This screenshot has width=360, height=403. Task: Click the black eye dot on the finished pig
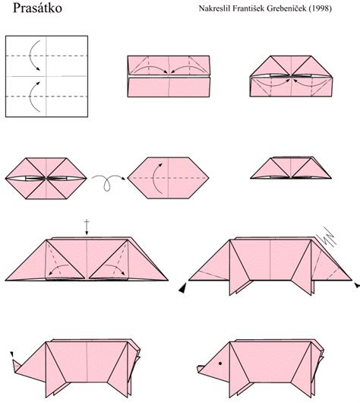click(220, 363)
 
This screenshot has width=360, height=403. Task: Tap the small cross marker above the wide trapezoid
click(87, 225)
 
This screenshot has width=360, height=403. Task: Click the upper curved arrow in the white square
click(34, 58)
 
